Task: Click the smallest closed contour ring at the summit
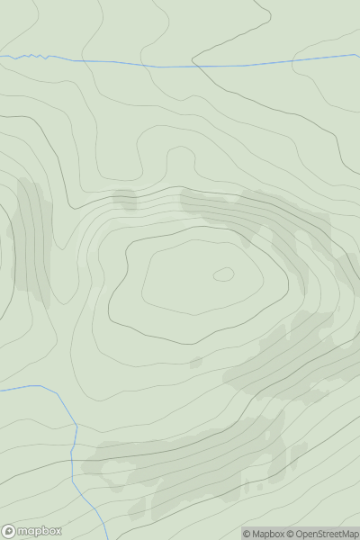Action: (x=224, y=274)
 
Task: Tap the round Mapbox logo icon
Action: (x=9, y=531)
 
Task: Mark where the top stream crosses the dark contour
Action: (x=194, y=66)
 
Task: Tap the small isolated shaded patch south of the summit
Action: (x=195, y=363)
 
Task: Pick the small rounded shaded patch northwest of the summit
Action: (x=123, y=199)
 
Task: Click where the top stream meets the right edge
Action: (x=358, y=55)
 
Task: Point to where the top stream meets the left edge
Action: (x=1, y=57)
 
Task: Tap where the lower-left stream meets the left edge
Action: (x=1, y=390)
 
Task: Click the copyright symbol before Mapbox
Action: (x=247, y=534)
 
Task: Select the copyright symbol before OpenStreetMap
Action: (x=291, y=534)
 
